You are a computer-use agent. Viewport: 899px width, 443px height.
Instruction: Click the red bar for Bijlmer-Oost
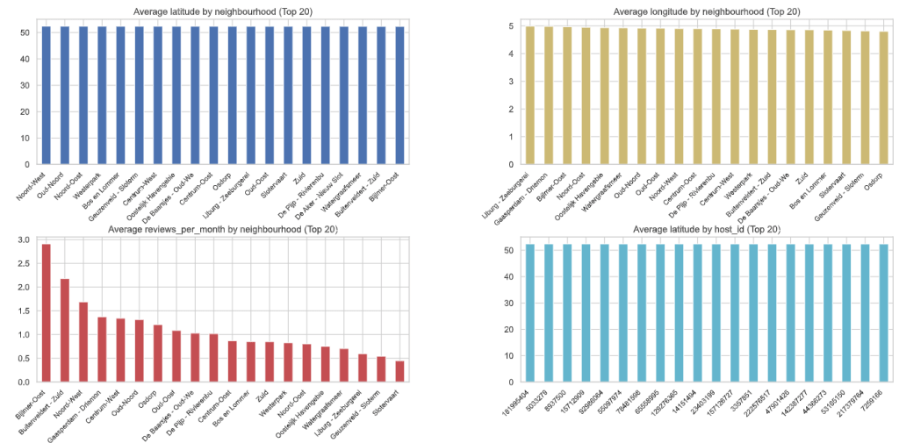[x=46, y=313]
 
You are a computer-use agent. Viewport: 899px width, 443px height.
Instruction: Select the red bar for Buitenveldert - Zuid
[x=64, y=331]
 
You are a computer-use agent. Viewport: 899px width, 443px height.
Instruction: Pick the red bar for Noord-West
[x=83, y=342]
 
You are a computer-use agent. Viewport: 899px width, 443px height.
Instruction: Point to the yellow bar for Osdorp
[x=884, y=97]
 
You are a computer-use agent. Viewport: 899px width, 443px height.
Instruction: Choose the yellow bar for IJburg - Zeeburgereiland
[x=530, y=95]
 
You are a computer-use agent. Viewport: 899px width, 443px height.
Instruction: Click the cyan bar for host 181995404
[x=530, y=313]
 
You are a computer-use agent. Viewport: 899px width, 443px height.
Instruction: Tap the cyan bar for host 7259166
[x=884, y=313]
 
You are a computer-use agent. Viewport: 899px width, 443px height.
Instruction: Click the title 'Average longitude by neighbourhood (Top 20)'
[x=707, y=11]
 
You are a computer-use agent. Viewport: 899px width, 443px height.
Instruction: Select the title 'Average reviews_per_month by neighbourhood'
[x=223, y=230]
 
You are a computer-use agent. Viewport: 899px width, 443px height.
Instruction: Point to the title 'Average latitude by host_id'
[x=707, y=230]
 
